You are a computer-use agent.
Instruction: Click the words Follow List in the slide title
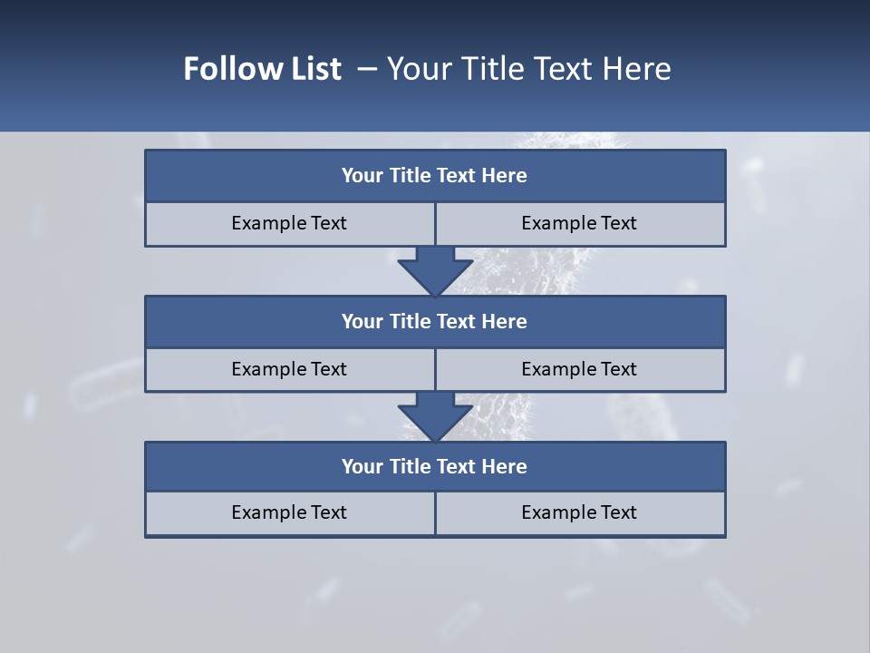tap(262, 69)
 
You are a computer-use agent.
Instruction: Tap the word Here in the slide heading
tap(637, 69)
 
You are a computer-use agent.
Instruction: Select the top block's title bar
tap(435, 176)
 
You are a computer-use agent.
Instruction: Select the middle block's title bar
tap(435, 321)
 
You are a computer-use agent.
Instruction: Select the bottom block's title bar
tap(435, 466)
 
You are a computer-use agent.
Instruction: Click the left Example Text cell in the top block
tap(289, 223)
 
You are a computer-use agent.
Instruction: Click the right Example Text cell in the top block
tap(579, 223)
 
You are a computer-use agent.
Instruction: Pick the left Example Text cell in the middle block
tap(289, 369)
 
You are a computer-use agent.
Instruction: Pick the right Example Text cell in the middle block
tap(579, 369)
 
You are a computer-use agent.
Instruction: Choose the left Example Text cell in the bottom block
tap(289, 512)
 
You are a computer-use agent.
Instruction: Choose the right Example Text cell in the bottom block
tap(579, 512)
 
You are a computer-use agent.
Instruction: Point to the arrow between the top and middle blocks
tap(435, 270)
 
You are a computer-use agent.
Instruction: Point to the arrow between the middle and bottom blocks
tap(435, 416)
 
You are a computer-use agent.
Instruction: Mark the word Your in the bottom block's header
tap(362, 466)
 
